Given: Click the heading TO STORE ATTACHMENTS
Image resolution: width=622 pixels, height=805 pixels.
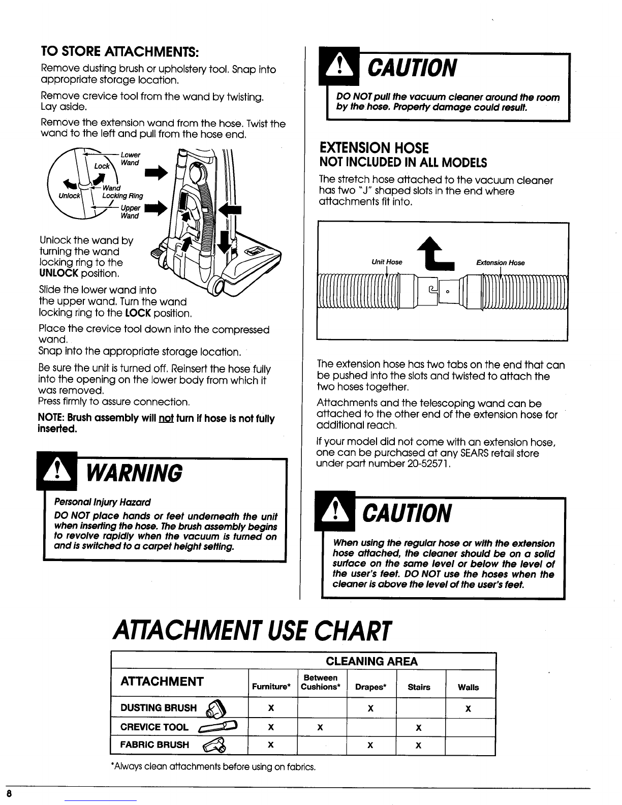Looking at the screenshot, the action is (x=120, y=51).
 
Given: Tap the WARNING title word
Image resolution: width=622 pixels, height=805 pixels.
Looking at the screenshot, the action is (x=135, y=474).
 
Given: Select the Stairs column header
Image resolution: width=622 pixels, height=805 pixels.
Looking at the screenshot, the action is (x=419, y=687).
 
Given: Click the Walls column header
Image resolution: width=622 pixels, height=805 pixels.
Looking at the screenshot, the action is (x=468, y=687).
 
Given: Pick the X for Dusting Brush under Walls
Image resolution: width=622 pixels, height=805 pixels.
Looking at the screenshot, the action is (x=468, y=708).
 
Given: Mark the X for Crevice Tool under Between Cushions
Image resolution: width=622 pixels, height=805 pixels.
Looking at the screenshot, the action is (x=320, y=728).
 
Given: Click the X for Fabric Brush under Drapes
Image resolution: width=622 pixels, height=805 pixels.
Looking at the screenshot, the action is (x=370, y=746).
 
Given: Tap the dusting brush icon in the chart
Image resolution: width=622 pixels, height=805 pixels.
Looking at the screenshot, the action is (x=216, y=708).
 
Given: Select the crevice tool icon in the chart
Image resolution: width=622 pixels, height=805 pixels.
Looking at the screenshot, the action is (x=218, y=726).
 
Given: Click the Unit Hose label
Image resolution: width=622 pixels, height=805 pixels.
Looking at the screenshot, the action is (x=387, y=262).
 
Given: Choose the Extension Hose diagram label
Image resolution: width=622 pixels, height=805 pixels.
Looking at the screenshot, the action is (x=501, y=263).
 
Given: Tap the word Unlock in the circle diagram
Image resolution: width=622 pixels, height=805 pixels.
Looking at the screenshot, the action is (x=69, y=196).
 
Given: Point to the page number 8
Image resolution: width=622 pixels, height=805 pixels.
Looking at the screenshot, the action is (x=9, y=793).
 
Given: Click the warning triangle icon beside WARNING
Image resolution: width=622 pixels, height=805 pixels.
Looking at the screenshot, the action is (x=57, y=471).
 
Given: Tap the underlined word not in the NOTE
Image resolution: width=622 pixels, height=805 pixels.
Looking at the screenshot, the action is (x=166, y=418).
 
